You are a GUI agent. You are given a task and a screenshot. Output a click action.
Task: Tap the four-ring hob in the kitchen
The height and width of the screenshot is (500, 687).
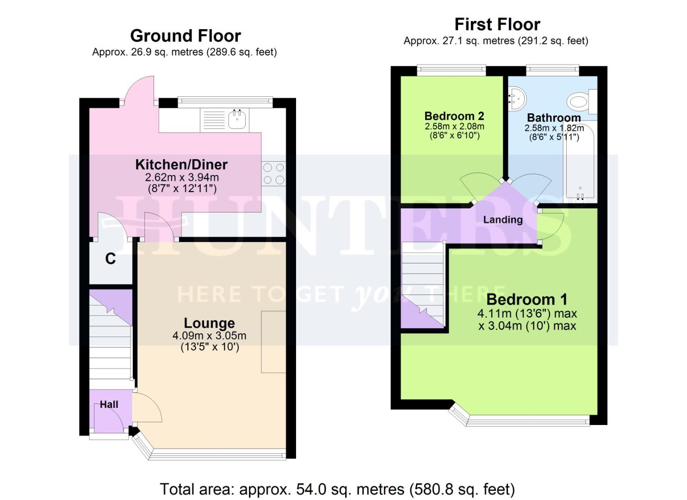[x=273, y=174]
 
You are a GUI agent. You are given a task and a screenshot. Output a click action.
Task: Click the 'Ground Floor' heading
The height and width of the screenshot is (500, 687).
[x=185, y=36]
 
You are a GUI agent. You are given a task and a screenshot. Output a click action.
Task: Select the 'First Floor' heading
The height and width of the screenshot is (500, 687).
[x=497, y=24]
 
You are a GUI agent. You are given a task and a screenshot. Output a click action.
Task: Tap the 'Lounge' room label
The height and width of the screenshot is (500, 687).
[x=209, y=323]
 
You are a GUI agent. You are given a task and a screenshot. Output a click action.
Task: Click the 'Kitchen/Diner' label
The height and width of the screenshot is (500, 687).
[x=181, y=164]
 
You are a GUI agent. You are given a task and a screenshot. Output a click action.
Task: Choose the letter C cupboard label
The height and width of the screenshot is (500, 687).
[x=110, y=259]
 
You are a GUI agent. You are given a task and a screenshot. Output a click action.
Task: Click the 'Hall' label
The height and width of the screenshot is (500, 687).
[x=109, y=405]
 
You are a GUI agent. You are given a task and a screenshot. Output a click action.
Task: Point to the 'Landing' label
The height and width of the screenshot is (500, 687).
[x=502, y=219]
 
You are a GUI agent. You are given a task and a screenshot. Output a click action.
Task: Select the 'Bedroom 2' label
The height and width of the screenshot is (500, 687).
[x=454, y=116]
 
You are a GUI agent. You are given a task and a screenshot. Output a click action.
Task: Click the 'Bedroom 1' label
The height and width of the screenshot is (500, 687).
[x=526, y=299]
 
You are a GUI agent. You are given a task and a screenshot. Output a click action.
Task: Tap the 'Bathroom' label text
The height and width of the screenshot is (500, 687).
[x=553, y=118]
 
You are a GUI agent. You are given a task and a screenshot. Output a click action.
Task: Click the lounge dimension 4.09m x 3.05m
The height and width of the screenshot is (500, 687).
[x=209, y=336]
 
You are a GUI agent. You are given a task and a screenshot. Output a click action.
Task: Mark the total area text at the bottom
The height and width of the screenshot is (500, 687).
[x=337, y=489]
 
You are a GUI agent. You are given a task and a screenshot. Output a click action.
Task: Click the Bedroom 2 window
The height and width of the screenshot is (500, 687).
[x=451, y=70]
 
